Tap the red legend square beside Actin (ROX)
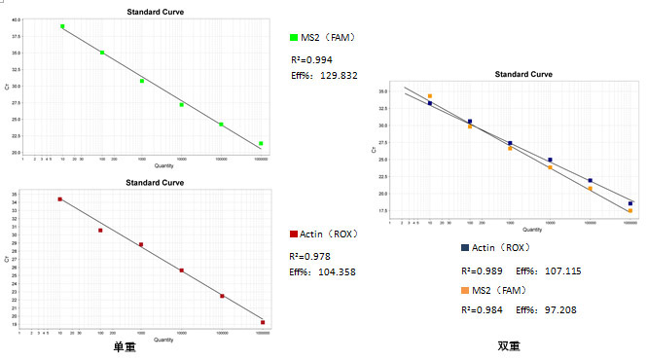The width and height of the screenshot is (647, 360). click(x=295, y=234)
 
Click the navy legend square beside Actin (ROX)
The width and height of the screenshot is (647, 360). click(x=467, y=248)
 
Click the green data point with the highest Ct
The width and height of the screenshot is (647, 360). click(x=62, y=27)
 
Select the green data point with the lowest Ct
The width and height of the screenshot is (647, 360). click(x=261, y=144)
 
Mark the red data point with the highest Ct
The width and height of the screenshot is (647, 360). click(x=60, y=198)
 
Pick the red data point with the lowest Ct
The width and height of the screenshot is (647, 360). click(x=262, y=322)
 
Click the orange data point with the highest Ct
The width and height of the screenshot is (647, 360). click(x=430, y=96)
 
